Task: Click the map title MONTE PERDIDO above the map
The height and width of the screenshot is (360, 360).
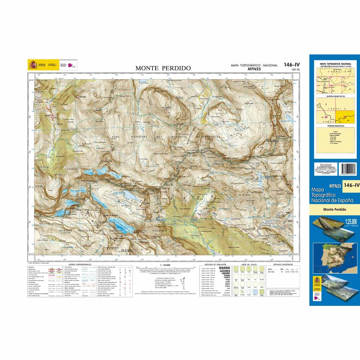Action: tap(163, 68)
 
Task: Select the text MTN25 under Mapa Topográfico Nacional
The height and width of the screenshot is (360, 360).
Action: tap(254, 69)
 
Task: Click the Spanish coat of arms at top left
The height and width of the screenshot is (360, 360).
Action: tap(32, 64)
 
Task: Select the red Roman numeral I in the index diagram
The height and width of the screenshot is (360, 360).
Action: tap(326, 105)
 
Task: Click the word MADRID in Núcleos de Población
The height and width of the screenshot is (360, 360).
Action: tap(225, 268)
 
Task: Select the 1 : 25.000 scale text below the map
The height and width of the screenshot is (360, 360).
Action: tap(165, 265)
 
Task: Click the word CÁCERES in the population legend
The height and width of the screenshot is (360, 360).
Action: tap(225, 271)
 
